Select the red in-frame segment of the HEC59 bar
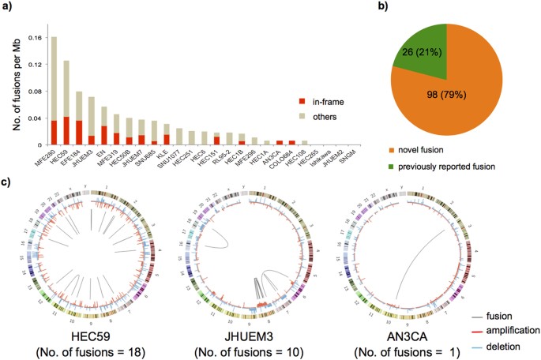click(66, 131)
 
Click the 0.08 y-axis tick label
click(34, 91)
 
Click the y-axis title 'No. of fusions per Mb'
click(11, 79)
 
